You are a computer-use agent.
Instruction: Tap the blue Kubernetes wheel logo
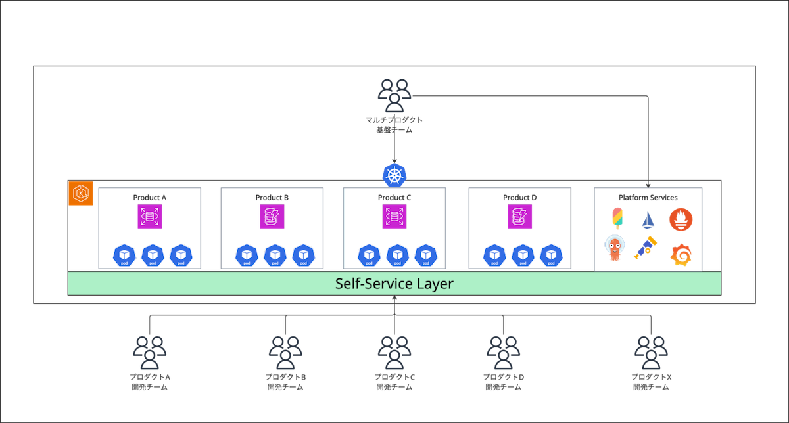[x=394, y=175]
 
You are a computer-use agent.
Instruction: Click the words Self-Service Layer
[x=394, y=284]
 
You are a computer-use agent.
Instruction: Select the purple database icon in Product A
[x=150, y=217]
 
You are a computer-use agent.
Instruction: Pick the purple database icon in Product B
[x=272, y=217]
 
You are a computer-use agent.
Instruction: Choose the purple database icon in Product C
[x=394, y=217]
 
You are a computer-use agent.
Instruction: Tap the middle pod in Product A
[x=153, y=255]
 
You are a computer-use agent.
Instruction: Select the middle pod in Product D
[x=523, y=255]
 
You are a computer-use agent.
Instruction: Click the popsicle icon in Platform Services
[x=617, y=218]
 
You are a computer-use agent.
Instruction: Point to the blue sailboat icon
[x=648, y=219]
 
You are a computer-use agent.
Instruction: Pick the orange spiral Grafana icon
[x=681, y=254]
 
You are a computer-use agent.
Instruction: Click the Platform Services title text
[x=648, y=197]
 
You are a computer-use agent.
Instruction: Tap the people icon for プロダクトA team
[x=150, y=352]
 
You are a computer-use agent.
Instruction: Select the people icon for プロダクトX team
[x=651, y=352]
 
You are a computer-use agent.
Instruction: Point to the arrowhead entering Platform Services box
[x=649, y=184]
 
